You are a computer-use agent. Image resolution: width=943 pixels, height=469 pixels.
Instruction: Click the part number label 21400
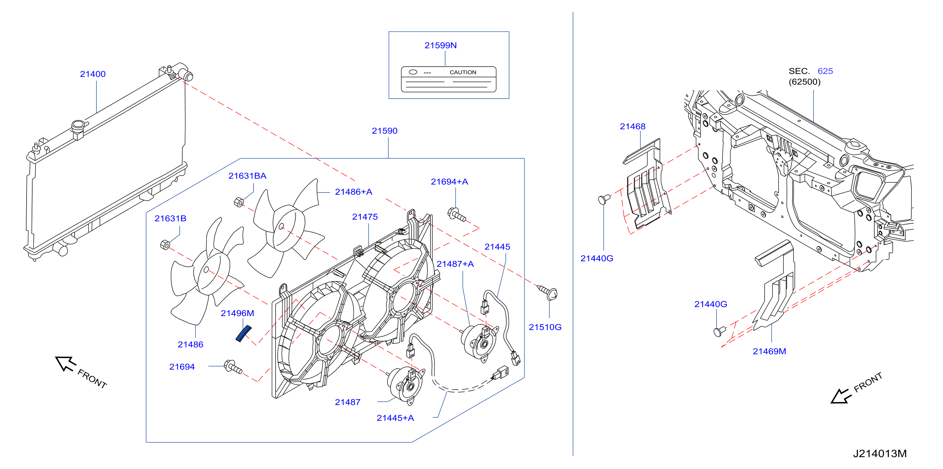click(x=93, y=74)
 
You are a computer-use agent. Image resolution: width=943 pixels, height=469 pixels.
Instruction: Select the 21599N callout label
click(x=441, y=46)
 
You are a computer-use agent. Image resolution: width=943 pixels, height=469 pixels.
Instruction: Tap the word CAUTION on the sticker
click(x=463, y=72)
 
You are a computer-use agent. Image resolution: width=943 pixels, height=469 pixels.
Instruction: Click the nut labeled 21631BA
click(x=239, y=202)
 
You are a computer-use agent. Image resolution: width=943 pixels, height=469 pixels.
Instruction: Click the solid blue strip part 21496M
click(x=243, y=333)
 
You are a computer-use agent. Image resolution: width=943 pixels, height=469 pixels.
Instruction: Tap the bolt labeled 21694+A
click(x=457, y=214)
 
